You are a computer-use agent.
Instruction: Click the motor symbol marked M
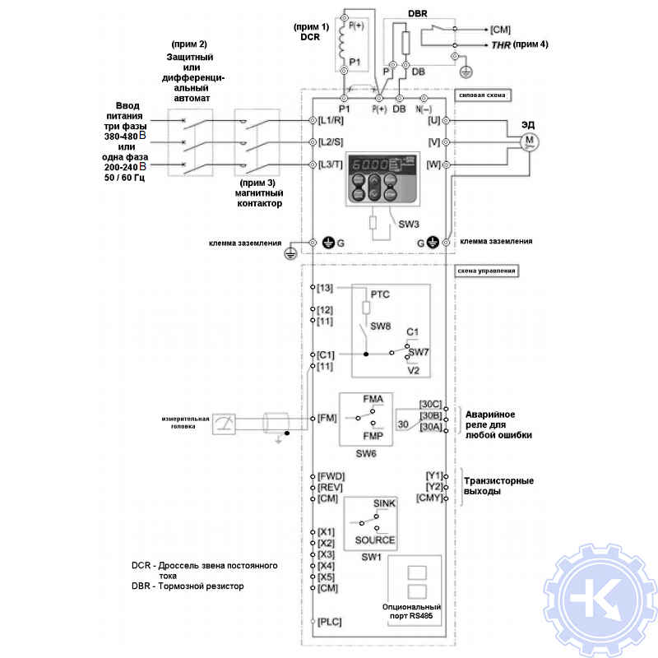tap(529, 141)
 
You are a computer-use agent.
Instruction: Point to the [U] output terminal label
tap(433, 120)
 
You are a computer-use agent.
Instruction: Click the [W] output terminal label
tap(433, 164)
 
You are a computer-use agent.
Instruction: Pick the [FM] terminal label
tap(327, 418)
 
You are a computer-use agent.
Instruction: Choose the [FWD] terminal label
tap(331, 475)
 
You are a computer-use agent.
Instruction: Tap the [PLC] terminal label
tap(330, 623)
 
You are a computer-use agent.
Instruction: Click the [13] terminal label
tap(325, 288)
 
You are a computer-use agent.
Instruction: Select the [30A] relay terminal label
tap(431, 427)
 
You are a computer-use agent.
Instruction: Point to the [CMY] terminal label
tap(430, 498)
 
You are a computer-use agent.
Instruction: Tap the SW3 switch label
tap(410, 224)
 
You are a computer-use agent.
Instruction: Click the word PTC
tap(379, 294)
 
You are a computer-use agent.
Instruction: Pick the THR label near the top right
tap(502, 44)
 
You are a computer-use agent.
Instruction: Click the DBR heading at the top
tap(419, 14)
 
